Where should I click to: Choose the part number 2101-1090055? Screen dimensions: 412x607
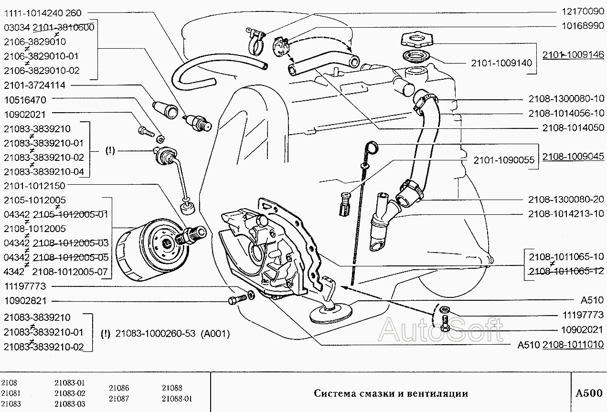(x=504, y=160)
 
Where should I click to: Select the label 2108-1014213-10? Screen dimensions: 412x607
(x=566, y=214)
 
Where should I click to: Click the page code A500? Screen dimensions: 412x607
(x=589, y=393)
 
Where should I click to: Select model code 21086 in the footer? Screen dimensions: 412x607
(x=119, y=388)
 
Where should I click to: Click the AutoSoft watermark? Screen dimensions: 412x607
(x=440, y=330)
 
